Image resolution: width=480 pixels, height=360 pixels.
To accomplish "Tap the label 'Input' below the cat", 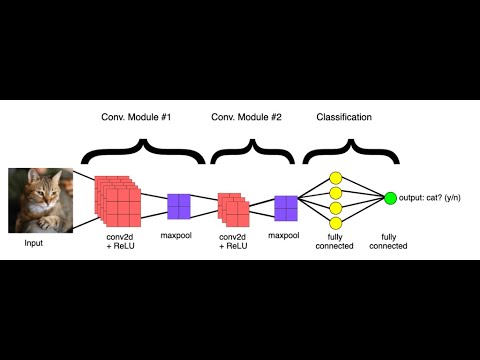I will click(x=35, y=243).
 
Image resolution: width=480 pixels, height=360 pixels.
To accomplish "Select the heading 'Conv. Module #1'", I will click(x=136, y=117).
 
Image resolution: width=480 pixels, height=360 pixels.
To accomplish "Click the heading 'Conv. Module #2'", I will click(x=245, y=117).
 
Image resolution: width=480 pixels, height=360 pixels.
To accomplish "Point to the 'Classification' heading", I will click(x=344, y=117).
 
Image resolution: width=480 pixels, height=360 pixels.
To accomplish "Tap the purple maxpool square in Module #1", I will click(x=179, y=206).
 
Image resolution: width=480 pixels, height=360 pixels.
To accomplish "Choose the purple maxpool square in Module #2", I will click(x=287, y=208).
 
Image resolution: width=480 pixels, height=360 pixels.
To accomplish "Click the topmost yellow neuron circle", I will click(x=336, y=178).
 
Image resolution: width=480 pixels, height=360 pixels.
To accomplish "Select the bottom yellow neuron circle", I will click(x=336, y=221).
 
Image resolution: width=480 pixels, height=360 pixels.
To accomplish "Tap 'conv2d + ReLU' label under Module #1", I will click(x=120, y=241).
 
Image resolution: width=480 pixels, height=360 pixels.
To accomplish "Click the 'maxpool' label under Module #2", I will click(x=284, y=236).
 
